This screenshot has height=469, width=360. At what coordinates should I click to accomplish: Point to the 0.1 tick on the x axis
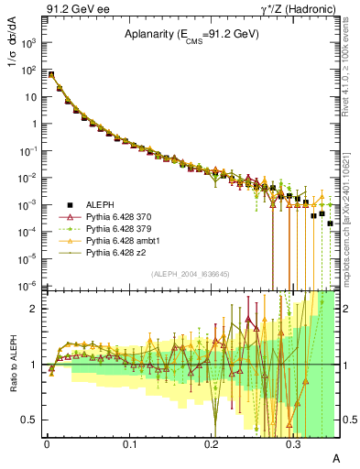pos(129,442)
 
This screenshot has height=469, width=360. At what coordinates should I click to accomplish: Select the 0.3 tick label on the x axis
pos(293,442)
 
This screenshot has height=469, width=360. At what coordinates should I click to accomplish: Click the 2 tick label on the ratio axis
pos(37,309)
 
